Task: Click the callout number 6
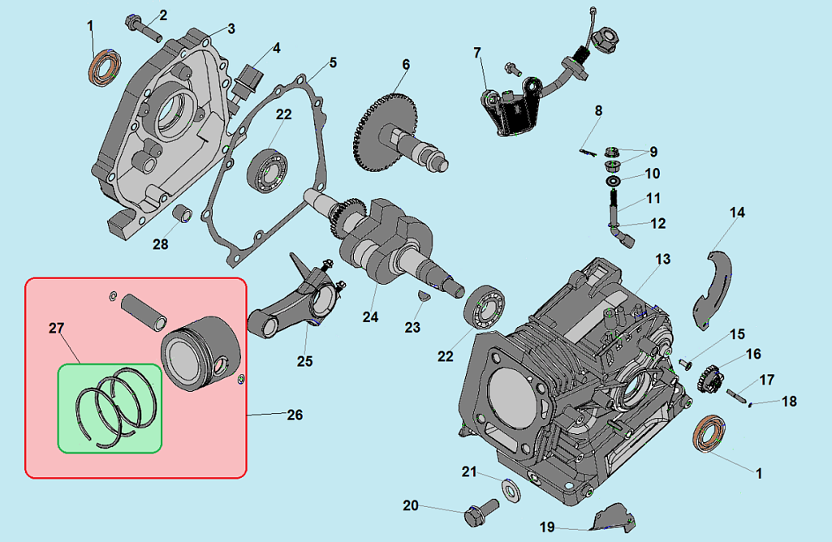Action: tap(406, 65)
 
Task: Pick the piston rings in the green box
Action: tap(114, 406)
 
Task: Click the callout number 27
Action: tap(56, 328)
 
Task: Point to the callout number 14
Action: tap(736, 213)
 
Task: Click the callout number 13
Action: tap(663, 260)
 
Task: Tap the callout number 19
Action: tap(548, 527)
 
